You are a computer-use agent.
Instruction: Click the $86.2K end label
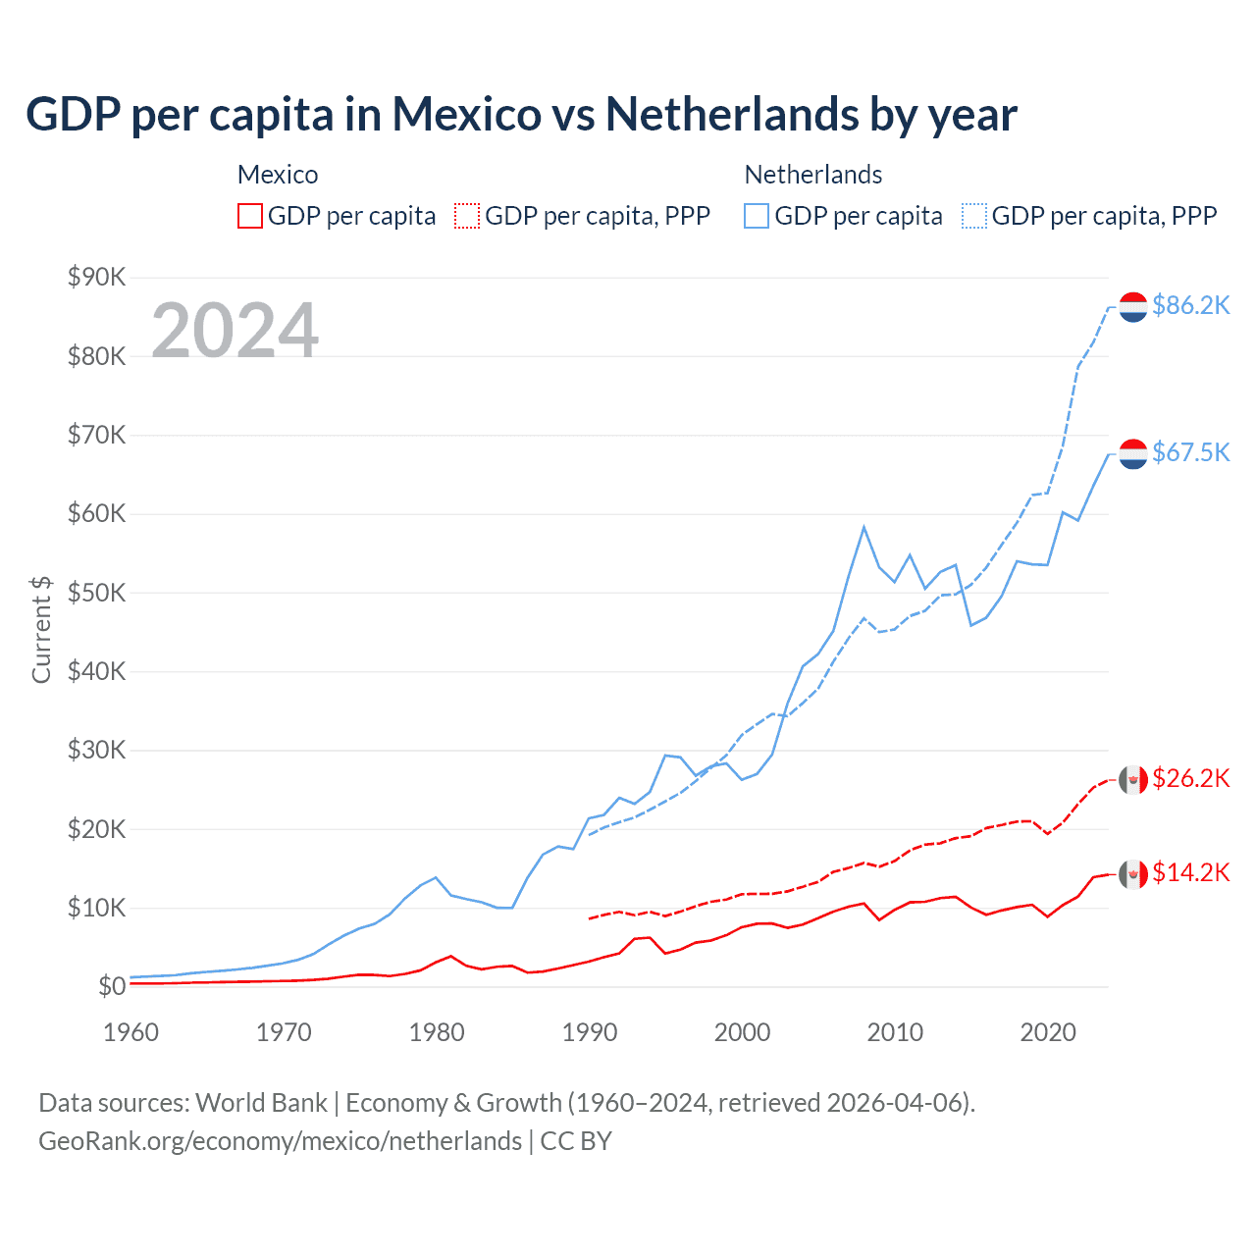pyautogui.click(x=1190, y=305)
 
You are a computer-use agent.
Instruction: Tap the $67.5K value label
pyautogui.click(x=1190, y=451)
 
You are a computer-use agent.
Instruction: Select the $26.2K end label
pyautogui.click(x=1190, y=778)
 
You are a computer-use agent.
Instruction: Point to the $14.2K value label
pyautogui.click(x=1190, y=872)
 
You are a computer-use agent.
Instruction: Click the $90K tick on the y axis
pyautogui.click(x=96, y=277)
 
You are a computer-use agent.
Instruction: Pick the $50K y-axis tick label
pyautogui.click(x=96, y=593)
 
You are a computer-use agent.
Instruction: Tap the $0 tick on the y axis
pyautogui.click(x=112, y=986)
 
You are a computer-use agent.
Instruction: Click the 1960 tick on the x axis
pyautogui.click(x=131, y=1032)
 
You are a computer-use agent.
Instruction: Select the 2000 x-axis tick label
pyautogui.click(x=742, y=1032)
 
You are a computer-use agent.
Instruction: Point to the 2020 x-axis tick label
pyautogui.click(x=1048, y=1032)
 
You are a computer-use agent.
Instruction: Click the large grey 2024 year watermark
pyautogui.click(x=235, y=330)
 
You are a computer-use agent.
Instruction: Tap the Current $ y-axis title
pyautogui.click(x=41, y=629)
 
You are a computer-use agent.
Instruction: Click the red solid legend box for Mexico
pyautogui.click(x=250, y=216)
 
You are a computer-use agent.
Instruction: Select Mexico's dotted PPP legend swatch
pyautogui.click(x=467, y=216)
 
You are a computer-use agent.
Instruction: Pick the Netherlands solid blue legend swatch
pyautogui.click(x=757, y=216)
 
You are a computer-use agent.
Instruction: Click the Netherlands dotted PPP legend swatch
pyautogui.click(x=974, y=216)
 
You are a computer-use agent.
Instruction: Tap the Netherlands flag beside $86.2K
pyautogui.click(x=1133, y=306)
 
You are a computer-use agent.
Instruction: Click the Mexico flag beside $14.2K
pyautogui.click(x=1133, y=873)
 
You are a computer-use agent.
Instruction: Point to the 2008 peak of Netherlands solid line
pyautogui.click(x=863, y=527)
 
